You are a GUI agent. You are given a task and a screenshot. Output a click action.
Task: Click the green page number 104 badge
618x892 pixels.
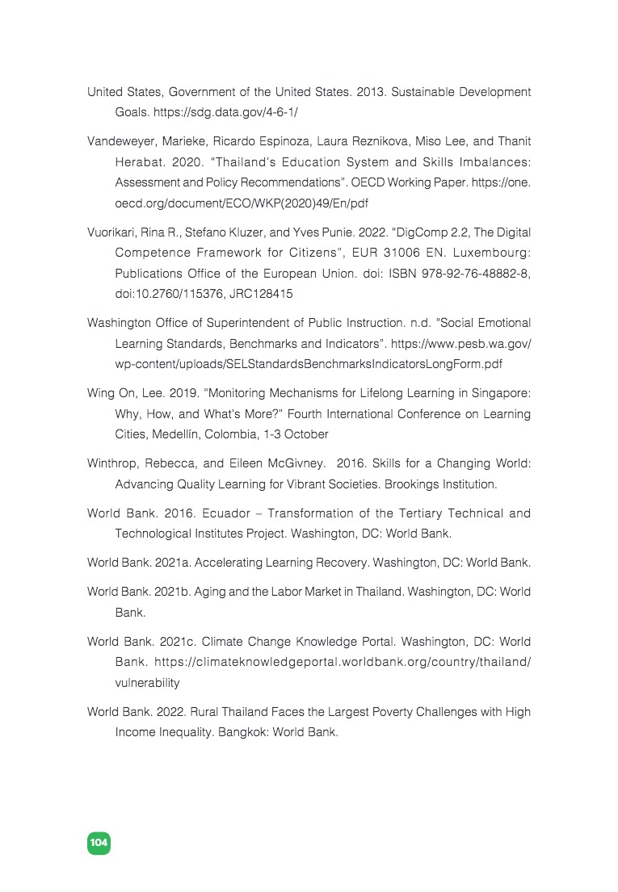tap(99, 843)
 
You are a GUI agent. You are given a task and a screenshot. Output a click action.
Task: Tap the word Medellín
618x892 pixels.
tap(179, 434)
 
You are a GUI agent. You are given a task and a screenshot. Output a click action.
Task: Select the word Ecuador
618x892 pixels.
tap(229, 513)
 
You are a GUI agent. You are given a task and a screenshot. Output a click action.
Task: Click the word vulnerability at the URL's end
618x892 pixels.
tap(147, 683)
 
